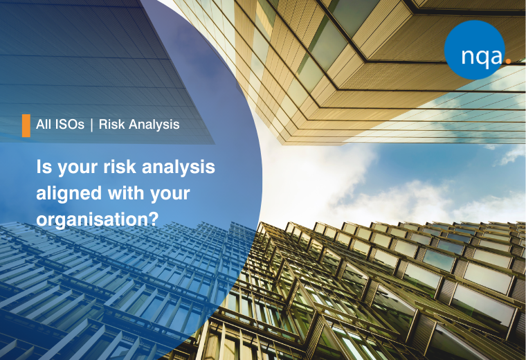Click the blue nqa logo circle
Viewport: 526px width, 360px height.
474,50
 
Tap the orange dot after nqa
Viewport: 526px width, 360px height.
508,62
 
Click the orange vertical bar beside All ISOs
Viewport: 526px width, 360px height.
26,125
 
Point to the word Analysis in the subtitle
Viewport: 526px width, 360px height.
154,125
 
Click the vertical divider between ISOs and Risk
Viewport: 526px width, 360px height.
91,125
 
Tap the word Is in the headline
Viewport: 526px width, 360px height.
44,167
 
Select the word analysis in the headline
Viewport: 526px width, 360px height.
179,168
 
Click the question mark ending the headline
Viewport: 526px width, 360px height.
153,219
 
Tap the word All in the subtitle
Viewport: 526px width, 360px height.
44,125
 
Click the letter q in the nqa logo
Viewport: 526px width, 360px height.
481,57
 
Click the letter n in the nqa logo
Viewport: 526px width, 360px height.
468,56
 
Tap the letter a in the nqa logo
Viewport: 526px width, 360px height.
496,56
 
